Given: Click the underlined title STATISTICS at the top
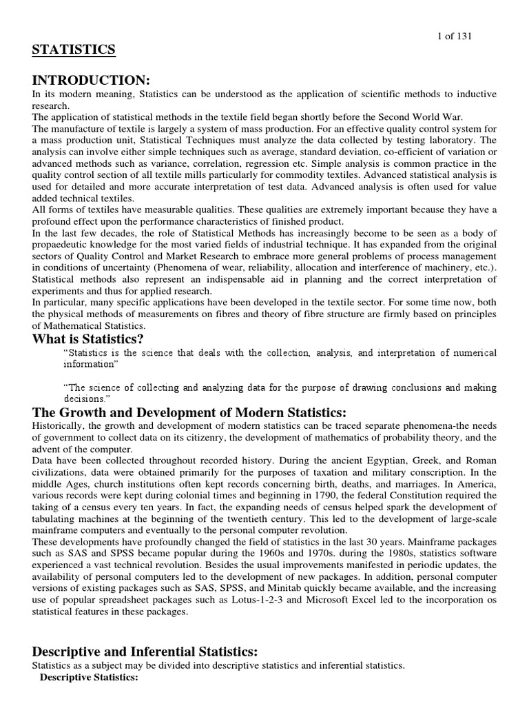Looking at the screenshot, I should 74,50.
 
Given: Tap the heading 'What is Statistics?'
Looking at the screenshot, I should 89,338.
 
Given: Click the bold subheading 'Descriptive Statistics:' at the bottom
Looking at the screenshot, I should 90,677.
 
